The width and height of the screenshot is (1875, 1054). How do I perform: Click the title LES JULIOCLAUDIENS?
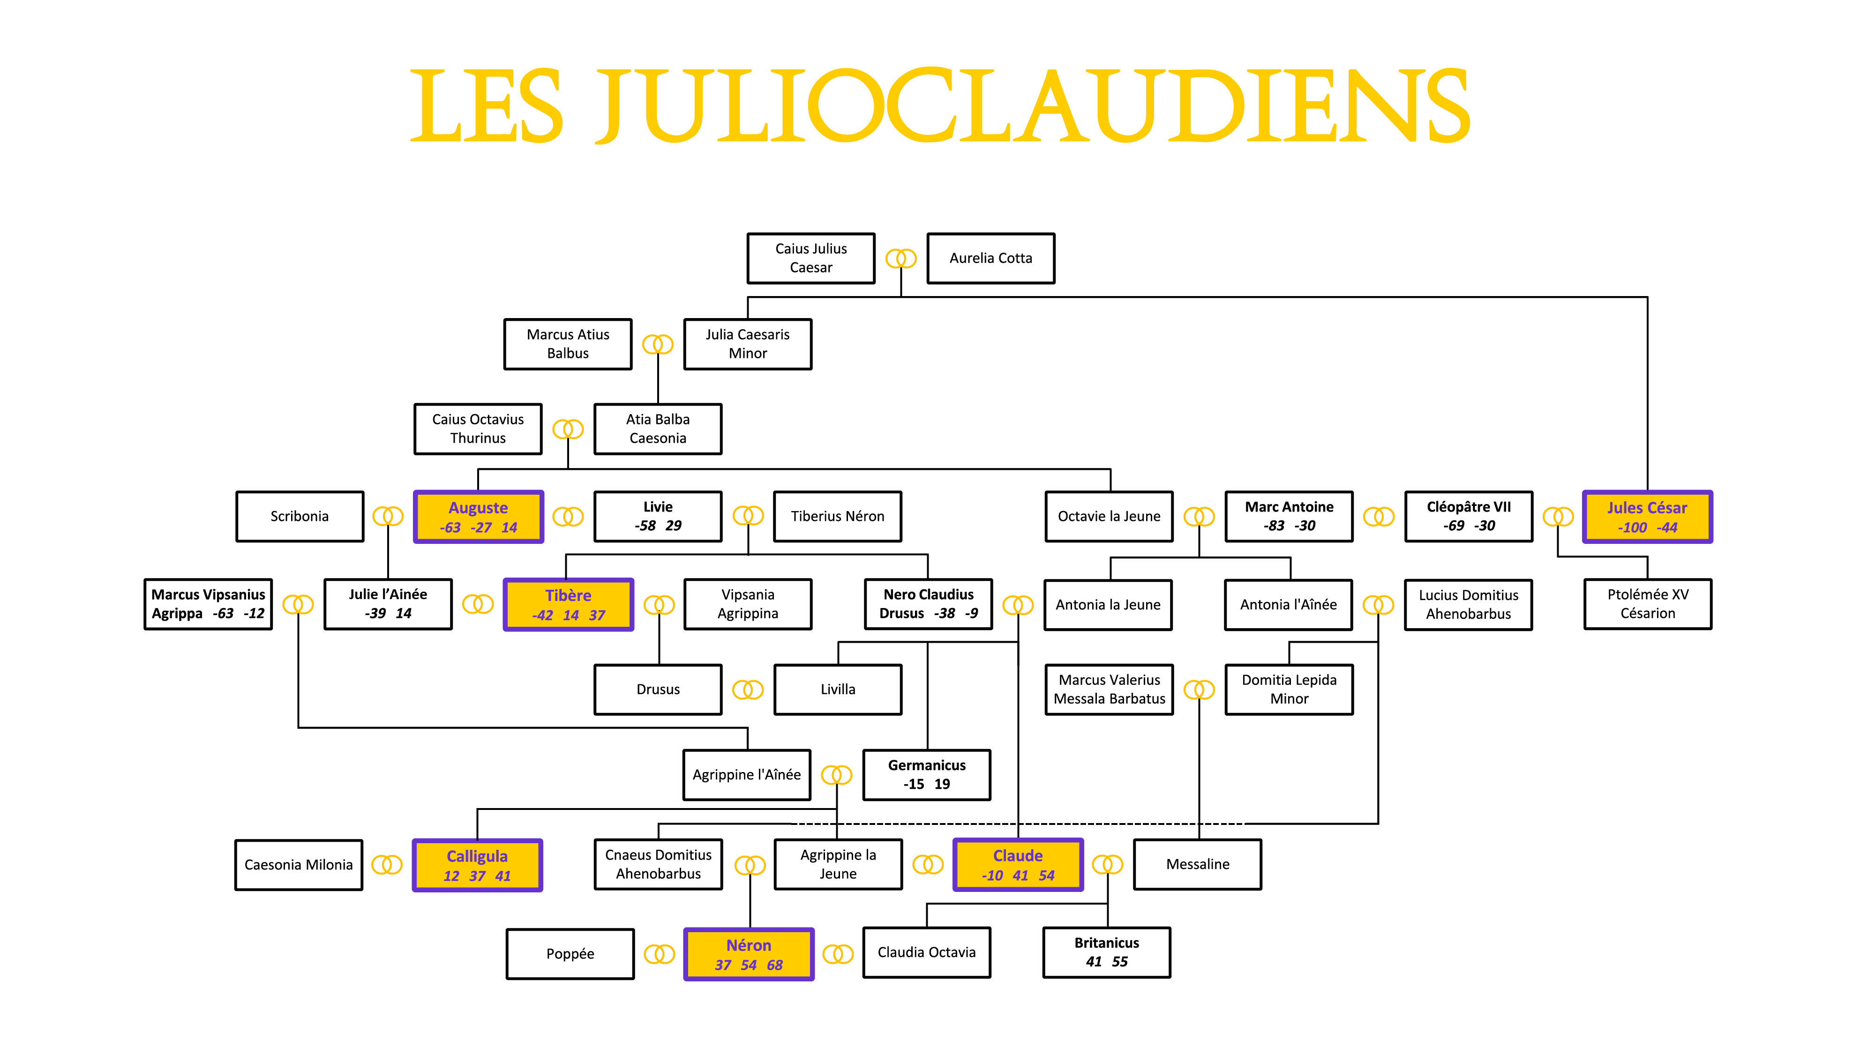940,106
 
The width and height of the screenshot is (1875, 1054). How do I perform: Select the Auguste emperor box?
478,516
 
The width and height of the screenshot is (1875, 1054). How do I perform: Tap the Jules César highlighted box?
1647,516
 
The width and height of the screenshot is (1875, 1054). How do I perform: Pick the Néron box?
748,954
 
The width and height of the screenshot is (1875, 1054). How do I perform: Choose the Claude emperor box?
1018,864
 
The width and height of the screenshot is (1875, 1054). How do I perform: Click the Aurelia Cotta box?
990,258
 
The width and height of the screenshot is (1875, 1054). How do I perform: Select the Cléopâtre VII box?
1469,516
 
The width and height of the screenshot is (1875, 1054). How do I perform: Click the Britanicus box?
1106,952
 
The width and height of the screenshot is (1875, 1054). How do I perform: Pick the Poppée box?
570,954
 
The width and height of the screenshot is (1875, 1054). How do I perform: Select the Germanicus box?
927,775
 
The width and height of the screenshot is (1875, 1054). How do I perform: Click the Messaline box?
1197,864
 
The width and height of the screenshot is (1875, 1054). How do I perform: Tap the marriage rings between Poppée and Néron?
660,954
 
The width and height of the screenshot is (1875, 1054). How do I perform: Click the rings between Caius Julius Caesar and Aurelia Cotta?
901,258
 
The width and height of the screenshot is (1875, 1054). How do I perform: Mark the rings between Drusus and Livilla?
748,690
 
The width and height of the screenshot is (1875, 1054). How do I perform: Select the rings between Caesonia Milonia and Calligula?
387,865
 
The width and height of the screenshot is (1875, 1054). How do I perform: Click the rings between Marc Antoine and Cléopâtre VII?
1379,516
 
